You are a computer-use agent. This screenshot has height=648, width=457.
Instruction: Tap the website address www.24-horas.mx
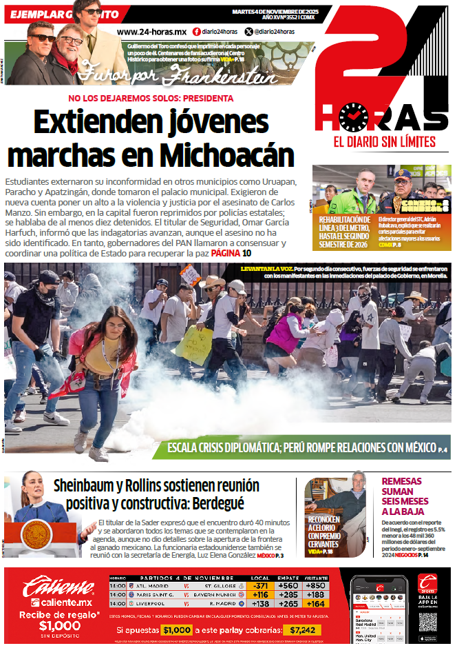click(152, 32)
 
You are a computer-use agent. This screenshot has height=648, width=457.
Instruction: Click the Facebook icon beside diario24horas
click(197, 32)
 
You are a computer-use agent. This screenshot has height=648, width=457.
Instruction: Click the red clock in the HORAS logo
click(354, 118)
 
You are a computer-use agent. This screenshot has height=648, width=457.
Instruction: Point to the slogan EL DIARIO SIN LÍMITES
click(384, 142)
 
